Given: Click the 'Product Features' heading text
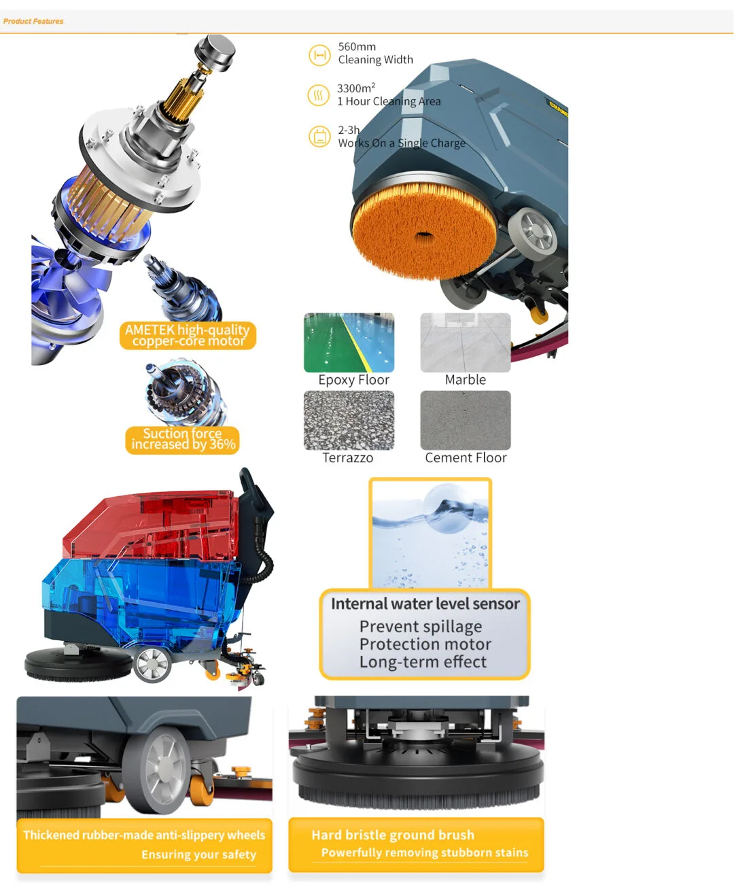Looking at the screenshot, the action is (x=33, y=21).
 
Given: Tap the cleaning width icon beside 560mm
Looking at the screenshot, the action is (x=319, y=55).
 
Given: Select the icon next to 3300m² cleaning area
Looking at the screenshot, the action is (x=319, y=94).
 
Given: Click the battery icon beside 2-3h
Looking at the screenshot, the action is (x=319, y=137).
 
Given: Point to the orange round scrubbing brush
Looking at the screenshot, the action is (x=424, y=230).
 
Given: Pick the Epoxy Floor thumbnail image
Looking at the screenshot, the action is (x=349, y=343).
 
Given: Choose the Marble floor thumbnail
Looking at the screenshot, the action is (x=465, y=343).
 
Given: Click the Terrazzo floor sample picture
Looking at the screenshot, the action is (x=349, y=420).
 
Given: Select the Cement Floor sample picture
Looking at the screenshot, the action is (x=465, y=420).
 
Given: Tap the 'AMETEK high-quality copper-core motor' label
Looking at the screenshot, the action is (x=188, y=335).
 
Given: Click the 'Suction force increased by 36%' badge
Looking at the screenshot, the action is (x=183, y=440).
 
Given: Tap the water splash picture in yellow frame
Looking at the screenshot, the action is (x=430, y=533).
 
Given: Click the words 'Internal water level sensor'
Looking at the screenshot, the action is (x=425, y=604).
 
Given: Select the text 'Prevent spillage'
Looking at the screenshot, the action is (x=421, y=626).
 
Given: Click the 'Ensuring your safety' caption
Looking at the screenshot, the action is (x=198, y=854).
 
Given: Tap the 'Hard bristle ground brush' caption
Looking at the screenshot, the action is (x=393, y=835).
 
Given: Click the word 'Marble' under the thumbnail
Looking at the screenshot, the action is (x=465, y=379).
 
